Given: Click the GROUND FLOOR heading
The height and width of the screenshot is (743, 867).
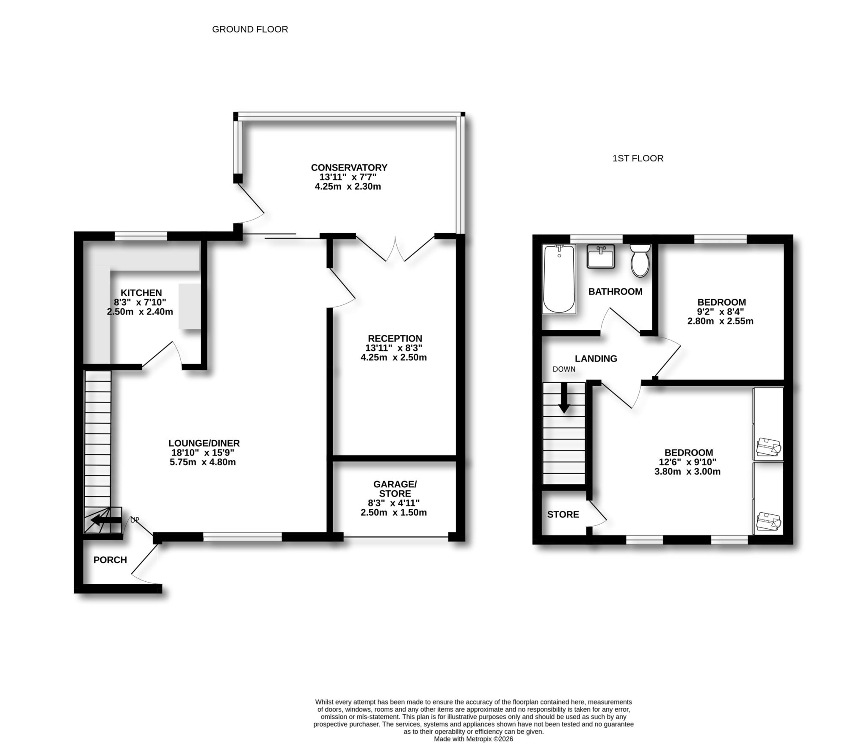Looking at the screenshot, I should coord(250,29).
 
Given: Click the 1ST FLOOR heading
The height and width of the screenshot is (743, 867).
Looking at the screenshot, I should coord(638,158).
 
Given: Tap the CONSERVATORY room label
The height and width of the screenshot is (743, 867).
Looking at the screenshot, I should coord(349,168).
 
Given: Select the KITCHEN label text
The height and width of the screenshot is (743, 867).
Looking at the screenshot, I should coord(141,293).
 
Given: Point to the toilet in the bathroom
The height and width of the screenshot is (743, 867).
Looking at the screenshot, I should coord(640,261).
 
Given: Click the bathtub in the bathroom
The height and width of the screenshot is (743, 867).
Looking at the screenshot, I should coord(559,279).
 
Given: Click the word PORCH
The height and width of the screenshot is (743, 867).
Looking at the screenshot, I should coord(110,560).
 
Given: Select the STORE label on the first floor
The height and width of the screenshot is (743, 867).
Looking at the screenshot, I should coord(563,514).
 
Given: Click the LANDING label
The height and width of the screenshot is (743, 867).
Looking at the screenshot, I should coord(596,359).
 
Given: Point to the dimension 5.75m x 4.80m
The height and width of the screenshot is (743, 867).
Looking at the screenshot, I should coord(202,462).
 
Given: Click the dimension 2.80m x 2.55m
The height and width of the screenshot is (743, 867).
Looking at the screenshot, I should coord(720,321).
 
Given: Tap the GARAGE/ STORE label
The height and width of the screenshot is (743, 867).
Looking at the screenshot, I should coord(395,489).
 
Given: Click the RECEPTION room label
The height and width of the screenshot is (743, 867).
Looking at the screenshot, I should coord(395,339).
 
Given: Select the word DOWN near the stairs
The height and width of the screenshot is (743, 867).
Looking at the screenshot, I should coord(564,369).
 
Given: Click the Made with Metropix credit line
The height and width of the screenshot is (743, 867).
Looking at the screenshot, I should coord(473,739).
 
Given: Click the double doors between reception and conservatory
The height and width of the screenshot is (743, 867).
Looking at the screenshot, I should coord(395,250).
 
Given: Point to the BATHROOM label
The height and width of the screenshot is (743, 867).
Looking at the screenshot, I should coord(615,292).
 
